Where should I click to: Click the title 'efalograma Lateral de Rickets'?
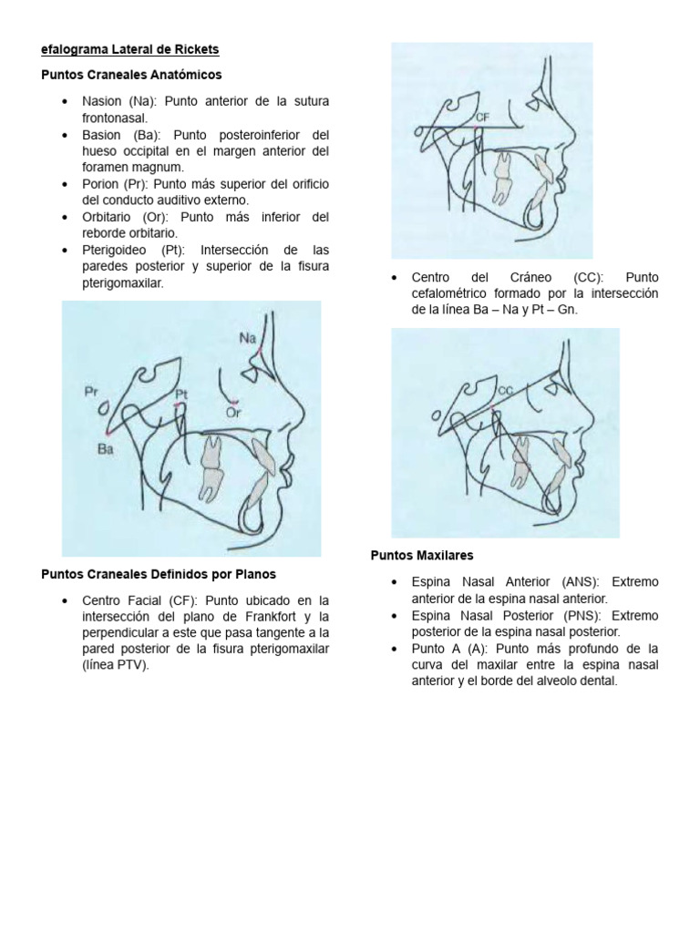pos(130,48)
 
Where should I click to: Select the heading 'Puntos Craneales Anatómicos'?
pos(131,74)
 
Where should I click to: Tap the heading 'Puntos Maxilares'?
pos(421,555)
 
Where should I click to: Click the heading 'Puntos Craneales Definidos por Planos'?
pos(159,574)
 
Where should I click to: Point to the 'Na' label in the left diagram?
pos(248,338)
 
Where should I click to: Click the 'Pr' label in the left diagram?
pos(90,392)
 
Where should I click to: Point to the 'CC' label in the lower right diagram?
pos(507,390)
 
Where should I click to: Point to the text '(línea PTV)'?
pos(117,666)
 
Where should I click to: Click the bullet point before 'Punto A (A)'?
pos(393,649)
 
